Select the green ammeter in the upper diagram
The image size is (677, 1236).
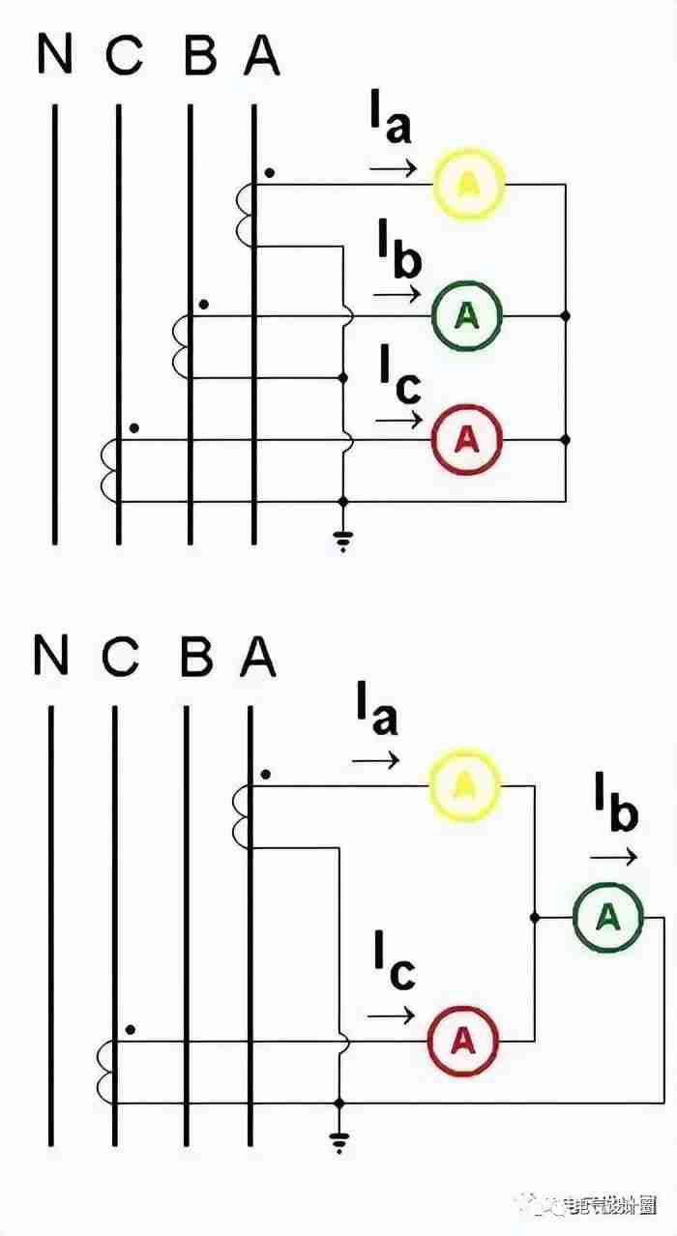(x=466, y=314)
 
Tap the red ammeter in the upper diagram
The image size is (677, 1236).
(x=466, y=440)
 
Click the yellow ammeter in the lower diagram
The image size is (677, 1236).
(x=464, y=785)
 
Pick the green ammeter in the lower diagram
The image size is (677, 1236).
(x=607, y=917)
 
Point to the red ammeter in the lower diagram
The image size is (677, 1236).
(x=464, y=1041)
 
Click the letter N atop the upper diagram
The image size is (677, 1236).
(x=54, y=55)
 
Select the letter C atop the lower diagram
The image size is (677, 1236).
(x=120, y=658)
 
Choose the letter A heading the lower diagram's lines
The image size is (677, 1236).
(x=257, y=658)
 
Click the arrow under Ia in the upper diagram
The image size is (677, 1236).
(x=393, y=169)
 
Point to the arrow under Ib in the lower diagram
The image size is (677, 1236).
(x=614, y=857)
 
